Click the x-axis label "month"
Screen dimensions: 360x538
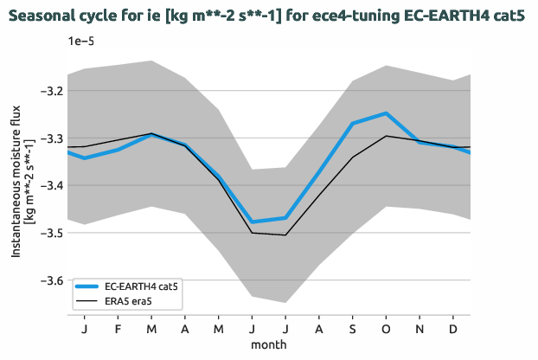[269, 344]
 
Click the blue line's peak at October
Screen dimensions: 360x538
[386, 113]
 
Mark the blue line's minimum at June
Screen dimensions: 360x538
[252, 222]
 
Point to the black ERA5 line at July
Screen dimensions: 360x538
[285, 235]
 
